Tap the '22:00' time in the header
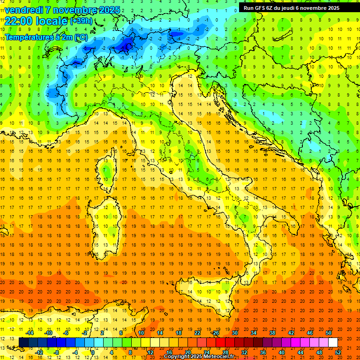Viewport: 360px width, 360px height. coord(18,21)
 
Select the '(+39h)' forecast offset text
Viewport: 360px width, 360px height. coord(81,21)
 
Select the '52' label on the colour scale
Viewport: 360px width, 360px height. coord(338,352)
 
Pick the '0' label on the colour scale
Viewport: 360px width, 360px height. coord(93,352)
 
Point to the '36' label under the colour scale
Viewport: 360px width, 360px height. coord(263,352)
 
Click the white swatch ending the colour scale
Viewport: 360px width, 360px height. coord(333,342)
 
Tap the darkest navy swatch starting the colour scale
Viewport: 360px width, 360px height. coord(23,342)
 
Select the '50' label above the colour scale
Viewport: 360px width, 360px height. coord(329,333)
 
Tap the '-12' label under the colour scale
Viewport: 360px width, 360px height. coord(39,352)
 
